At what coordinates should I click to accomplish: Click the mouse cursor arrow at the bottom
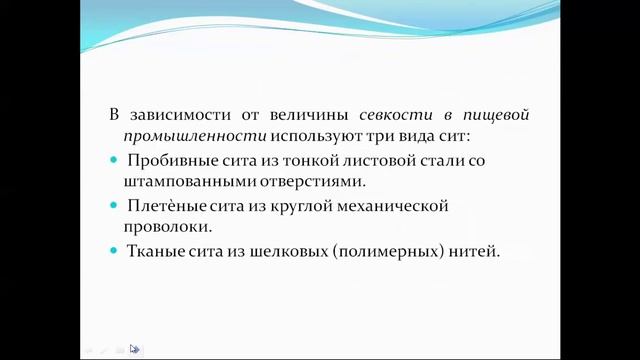click(134, 349)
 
